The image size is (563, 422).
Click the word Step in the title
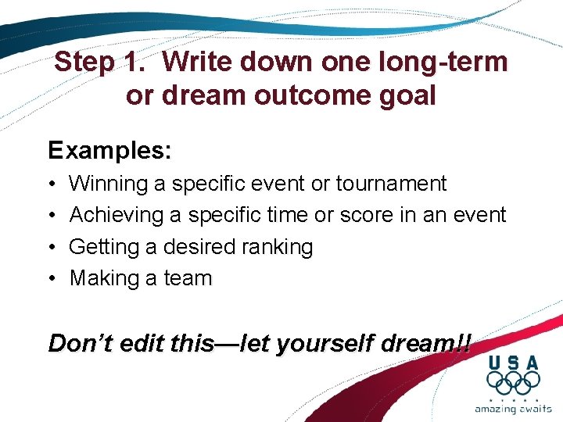pos(84,62)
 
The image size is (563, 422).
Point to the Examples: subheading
pos(109,150)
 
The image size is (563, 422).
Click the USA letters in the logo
pos(513,363)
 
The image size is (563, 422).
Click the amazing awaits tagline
pos(513,408)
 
